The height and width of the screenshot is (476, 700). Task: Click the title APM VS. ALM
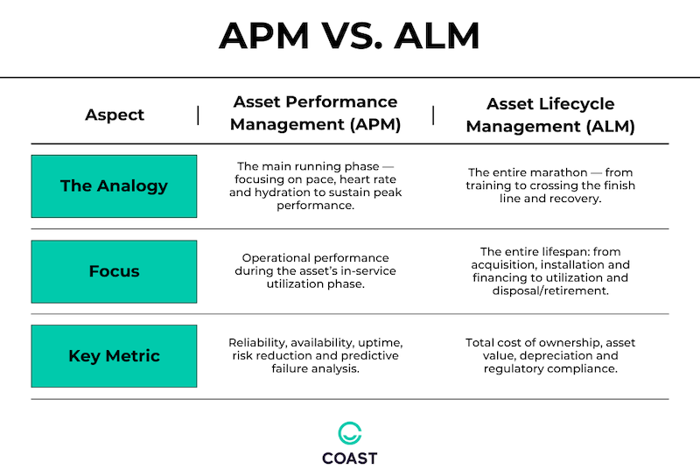(x=349, y=36)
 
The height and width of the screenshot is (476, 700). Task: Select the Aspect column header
(x=115, y=115)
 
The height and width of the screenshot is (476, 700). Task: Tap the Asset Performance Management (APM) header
(x=315, y=114)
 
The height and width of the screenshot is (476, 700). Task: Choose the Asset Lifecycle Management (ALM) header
(x=550, y=115)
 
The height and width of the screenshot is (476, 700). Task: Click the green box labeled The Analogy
(x=114, y=185)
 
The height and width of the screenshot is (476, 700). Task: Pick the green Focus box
(x=114, y=271)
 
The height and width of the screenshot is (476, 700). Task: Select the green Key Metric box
(x=114, y=356)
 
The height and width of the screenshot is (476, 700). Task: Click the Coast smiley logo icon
(x=350, y=433)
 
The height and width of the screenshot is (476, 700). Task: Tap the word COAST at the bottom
(x=350, y=458)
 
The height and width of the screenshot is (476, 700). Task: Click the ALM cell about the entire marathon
(x=551, y=185)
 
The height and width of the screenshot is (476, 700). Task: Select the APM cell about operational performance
(x=315, y=271)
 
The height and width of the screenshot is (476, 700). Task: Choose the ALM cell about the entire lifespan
(x=551, y=271)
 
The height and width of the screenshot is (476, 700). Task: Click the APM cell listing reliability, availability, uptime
(x=315, y=356)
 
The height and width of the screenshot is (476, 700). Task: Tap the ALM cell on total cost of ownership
(x=551, y=356)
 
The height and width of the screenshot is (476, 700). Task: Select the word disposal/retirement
(x=550, y=290)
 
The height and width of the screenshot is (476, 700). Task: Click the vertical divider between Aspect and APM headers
(x=198, y=115)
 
